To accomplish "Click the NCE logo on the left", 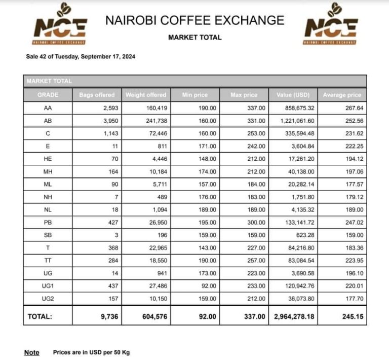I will [x=60, y=25].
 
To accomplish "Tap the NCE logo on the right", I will [x=330, y=25].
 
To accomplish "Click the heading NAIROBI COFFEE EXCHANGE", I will [x=194, y=21].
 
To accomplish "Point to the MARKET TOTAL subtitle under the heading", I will [x=194, y=38].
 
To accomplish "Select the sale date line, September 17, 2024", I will [x=81, y=56].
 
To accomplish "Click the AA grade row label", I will [x=48, y=108].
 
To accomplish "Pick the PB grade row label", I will [x=48, y=222].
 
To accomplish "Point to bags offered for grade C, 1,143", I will [x=108, y=133].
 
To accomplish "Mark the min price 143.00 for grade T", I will [x=207, y=247].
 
